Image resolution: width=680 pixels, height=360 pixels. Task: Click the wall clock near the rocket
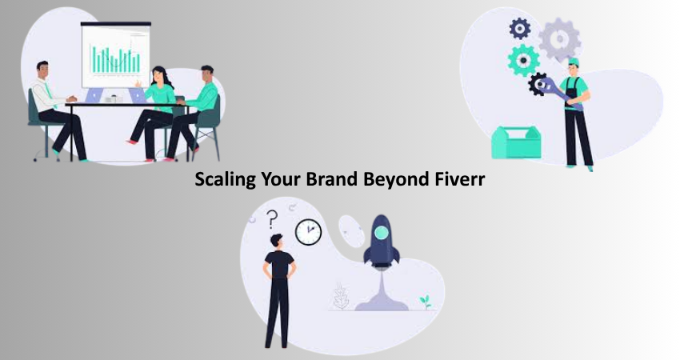tap(308, 232)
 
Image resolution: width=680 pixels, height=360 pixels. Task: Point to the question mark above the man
tap(272, 219)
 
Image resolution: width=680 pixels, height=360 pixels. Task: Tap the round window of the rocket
tap(381, 233)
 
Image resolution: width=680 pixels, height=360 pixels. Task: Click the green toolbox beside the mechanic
tap(516, 142)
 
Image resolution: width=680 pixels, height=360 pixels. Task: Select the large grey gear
tap(559, 39)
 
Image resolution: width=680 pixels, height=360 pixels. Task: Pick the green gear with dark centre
tap(523, 60)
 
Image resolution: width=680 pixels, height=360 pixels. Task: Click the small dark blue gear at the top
tap(520, 29)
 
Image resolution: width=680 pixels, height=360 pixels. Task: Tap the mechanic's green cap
tap(574, 62)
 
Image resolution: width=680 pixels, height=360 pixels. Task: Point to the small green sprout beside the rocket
tap(426, 302)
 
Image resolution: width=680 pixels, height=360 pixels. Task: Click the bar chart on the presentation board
tap(115, 58)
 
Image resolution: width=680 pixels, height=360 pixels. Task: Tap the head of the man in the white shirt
tap(42, 70)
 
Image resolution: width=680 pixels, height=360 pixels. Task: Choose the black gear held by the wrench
tap(538, 84)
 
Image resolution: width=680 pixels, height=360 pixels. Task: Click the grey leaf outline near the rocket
tap(341, 296)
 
